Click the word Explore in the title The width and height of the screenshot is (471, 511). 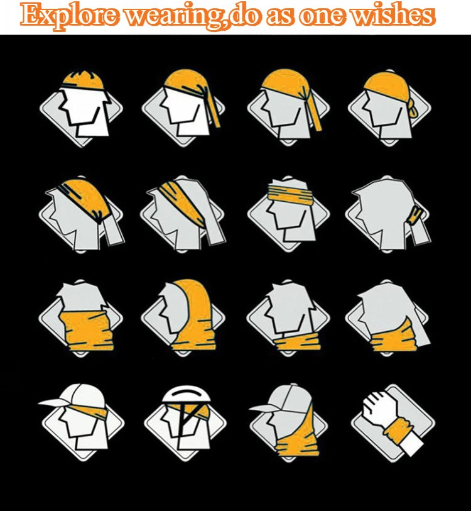[69, 15]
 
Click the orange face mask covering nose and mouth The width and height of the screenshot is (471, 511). [86, 330]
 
